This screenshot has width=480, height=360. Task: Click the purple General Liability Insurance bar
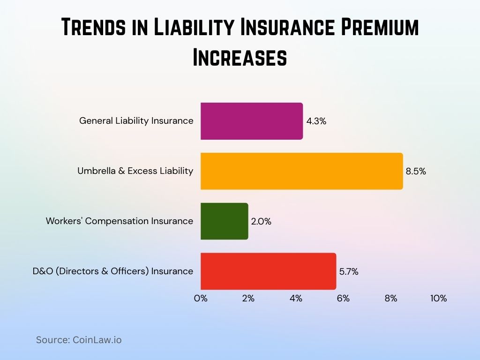coord(252,121)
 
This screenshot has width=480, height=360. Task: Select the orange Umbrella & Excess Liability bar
coord(301,171)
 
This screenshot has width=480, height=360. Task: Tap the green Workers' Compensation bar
coord(224,221)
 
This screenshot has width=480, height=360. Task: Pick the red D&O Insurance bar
coord(268,271)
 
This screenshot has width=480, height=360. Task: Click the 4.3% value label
coord(316,121)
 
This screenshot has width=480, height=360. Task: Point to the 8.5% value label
coord(416,172)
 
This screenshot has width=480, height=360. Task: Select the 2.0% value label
coord(261,221)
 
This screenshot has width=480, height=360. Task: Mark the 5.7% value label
coord(349,271)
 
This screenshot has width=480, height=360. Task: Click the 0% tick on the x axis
coord(201,299)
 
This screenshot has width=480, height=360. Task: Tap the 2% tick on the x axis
coord(248,299)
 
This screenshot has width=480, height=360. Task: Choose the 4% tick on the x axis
coord(296,299)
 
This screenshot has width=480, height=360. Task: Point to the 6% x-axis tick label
coord(343,299)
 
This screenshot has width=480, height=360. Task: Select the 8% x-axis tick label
coord(391,299)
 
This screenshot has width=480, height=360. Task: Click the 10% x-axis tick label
coord(438,299)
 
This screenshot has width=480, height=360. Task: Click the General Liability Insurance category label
coord(136,121)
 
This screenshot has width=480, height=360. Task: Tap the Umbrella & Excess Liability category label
coord(135,171)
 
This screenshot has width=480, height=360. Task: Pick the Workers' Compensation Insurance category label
coord(120,221)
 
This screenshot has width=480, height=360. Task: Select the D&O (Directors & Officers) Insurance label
coord(113,271)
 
